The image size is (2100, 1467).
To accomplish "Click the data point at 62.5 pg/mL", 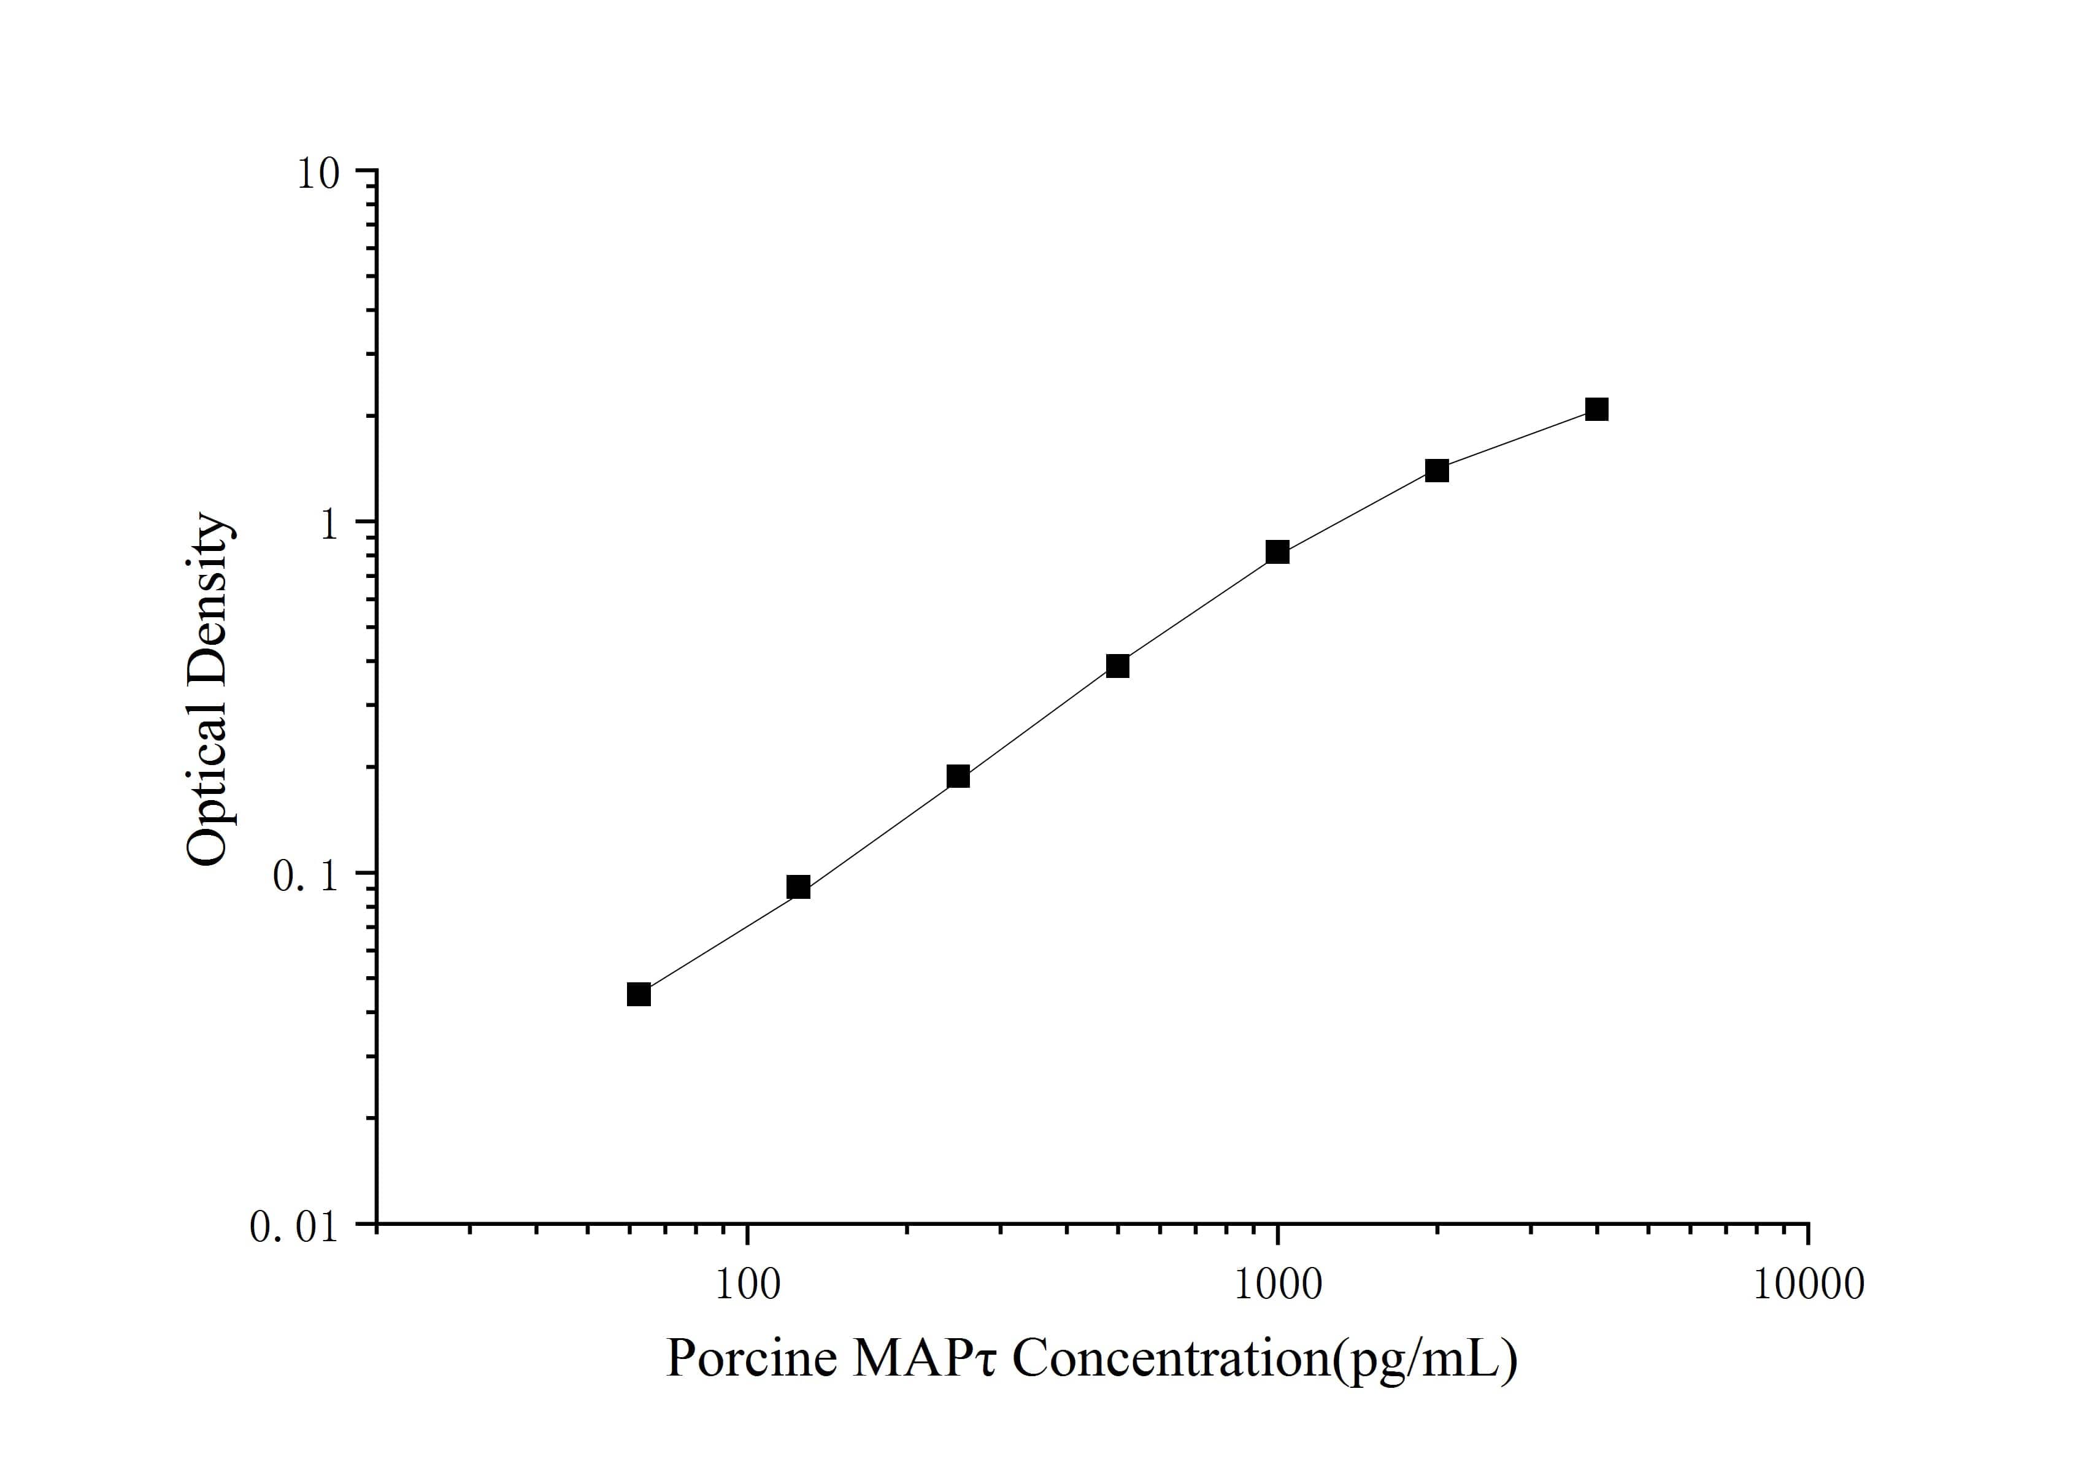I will coord(639,994).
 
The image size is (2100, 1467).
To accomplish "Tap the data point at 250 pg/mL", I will coord(958,777).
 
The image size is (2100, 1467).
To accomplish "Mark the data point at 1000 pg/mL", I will coord(1278,552).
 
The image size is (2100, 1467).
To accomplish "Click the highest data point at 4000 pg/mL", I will coord(1597,409).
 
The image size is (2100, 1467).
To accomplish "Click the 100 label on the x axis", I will coord(748,1285).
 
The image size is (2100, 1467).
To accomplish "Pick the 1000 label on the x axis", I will coord(1278,1285).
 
